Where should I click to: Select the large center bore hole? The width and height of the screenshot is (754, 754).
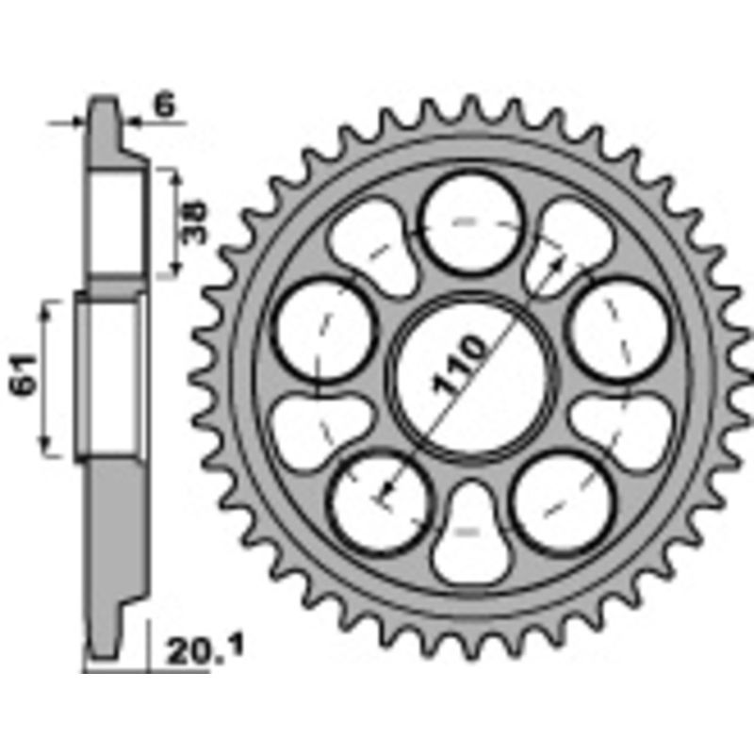470,377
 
